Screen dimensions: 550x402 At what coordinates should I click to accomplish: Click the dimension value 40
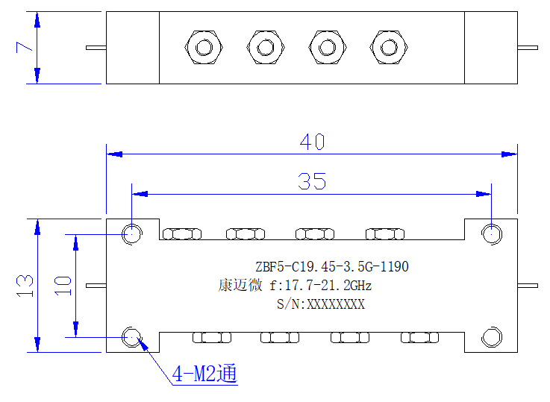[312, 142]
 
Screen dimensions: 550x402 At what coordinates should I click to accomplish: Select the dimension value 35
[312, 181]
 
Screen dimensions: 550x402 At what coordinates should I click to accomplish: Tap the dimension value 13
[25, 286]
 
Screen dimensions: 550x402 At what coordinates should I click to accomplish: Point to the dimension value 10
[63, 286]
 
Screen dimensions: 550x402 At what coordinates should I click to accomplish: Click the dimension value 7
[24, 47]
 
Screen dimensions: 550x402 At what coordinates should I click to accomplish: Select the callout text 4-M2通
[204, 374]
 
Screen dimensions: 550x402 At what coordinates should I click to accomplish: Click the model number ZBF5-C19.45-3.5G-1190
[332, 267]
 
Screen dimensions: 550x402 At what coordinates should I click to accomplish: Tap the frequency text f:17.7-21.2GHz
[321, 286]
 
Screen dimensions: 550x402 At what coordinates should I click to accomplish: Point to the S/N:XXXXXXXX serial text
[321, 304]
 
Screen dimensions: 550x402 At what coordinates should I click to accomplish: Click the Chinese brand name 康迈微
[240, 286]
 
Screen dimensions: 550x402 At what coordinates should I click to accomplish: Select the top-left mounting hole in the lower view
[132, 233]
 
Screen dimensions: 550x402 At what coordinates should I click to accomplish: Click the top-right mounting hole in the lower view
[492, 233]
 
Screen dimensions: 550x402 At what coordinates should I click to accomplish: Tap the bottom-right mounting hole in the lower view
[492, 337]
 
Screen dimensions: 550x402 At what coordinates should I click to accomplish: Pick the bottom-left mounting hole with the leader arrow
[132, 337]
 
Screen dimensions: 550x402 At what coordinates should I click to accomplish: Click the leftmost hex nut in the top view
[204, 47]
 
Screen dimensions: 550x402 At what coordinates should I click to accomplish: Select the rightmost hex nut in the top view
[389, 47]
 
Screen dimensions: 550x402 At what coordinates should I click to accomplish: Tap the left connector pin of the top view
[96, 48]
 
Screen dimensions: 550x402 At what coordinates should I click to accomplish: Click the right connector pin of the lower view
[528, 286]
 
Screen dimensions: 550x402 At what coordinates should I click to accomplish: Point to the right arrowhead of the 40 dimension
[509, 154]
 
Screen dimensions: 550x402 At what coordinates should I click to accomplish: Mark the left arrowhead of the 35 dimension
[140, 194]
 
